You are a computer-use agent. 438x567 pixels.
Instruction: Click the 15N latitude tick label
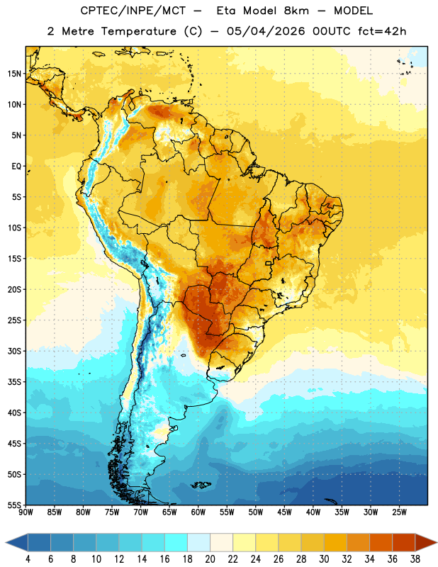[x=14, y=74]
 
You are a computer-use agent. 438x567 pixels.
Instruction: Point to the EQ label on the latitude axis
[x=16, y=167]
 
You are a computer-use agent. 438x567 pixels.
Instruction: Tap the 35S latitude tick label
[x=15, y=382]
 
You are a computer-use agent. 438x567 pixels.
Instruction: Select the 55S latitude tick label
[x=15, y=505]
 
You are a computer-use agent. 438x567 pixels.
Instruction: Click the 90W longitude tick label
[x=26, y=512]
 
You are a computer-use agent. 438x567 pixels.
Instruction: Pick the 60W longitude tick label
[x=198, y=512]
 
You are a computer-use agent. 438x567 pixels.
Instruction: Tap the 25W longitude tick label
[x=399, y=512]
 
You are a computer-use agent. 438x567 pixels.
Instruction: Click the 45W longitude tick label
[x=284, y=512]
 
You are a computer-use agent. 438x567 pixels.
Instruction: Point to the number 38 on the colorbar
[x=415, y=559]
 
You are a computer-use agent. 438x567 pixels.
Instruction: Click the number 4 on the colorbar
[x=28, y=559]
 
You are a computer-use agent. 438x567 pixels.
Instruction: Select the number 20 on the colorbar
[x=210, y=559]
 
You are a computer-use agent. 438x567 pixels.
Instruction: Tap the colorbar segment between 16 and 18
[x=176, y=542]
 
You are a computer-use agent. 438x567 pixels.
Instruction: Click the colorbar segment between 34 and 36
[x=381, y=542]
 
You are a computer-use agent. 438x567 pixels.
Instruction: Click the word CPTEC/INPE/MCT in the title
[x=133, y=11]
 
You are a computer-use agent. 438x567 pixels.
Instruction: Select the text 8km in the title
[x=296, y=11]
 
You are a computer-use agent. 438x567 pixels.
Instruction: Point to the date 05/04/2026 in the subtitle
[x=266, y=31]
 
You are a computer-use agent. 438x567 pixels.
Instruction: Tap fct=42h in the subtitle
[x=382, y=31]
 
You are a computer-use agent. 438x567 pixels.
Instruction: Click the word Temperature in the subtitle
[x=138, y=31]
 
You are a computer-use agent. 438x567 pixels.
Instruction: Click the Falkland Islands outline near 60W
[x=201, y=485]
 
